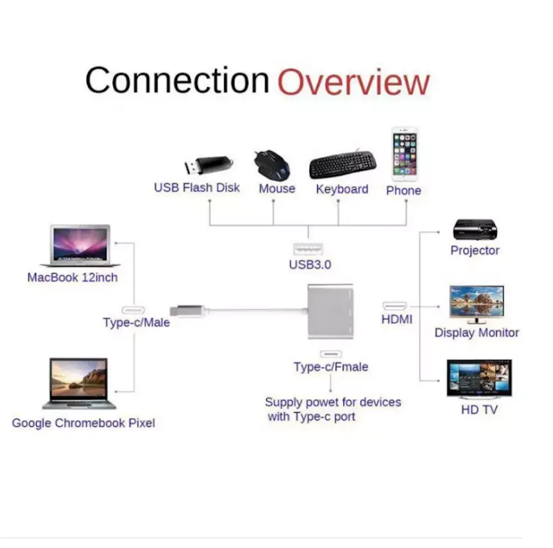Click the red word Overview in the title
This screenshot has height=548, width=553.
[354, 82]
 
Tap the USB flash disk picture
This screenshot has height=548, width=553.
[209, 165]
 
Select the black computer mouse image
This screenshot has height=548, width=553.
[272, 165]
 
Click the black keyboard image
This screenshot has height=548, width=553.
[343, 164]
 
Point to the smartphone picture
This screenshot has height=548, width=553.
[404, 154]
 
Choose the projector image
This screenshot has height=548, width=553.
[475, 229]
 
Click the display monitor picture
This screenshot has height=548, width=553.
[476, 305]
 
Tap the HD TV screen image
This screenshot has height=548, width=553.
[480, 379]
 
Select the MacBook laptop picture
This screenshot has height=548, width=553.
[80, 246]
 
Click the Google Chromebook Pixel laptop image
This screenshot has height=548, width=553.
[79, 384]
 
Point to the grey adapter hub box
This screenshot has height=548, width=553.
[331, 312]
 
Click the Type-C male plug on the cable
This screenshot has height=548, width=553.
[187, 310]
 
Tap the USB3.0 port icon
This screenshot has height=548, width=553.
[308, 249]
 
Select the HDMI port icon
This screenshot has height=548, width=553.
[395, 306]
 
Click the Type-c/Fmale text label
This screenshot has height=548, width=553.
[331, 367]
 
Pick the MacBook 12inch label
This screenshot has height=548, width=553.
[73, 278]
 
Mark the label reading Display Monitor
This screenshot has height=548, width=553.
[476, 333]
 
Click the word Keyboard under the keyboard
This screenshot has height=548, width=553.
[342, 190]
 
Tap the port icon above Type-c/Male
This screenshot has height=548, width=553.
[133, 310]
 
